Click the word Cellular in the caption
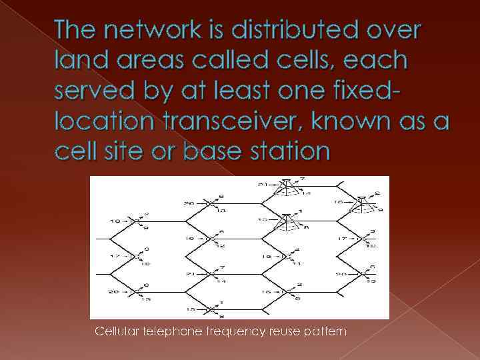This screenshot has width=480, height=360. (119, 331)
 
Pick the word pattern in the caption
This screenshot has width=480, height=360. (326, 331)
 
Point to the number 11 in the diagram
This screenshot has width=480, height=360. (297, 263)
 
